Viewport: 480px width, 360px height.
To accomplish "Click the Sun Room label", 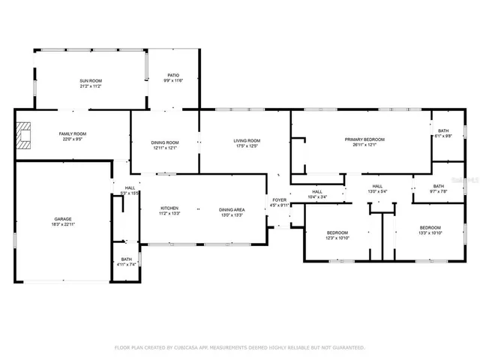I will (x=91, y=79).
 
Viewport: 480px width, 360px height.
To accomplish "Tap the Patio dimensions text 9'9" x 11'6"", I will (x=172, y=81).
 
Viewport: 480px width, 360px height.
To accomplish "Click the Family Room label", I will (x=73, y=133).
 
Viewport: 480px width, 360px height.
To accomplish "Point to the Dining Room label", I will (x=165, y=142).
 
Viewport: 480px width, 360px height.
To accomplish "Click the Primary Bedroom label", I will (x=364, y=139).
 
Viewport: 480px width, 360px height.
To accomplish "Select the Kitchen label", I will (x=169, y=208).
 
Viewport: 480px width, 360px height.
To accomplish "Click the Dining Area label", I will (x=231, y=209).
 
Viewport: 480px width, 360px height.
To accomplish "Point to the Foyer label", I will (x=279, y=199).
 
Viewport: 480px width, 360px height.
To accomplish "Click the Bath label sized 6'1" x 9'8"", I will (x=444, y=130).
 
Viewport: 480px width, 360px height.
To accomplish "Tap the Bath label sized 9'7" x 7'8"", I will (x=439, y=186).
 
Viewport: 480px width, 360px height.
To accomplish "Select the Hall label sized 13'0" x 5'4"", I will (x=377, y=186).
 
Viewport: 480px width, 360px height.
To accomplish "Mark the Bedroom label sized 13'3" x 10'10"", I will (x=430, y=227).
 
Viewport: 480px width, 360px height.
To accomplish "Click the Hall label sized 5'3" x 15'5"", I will (x=130, y=188).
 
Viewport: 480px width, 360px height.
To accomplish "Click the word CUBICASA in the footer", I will (x=196, y=347).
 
